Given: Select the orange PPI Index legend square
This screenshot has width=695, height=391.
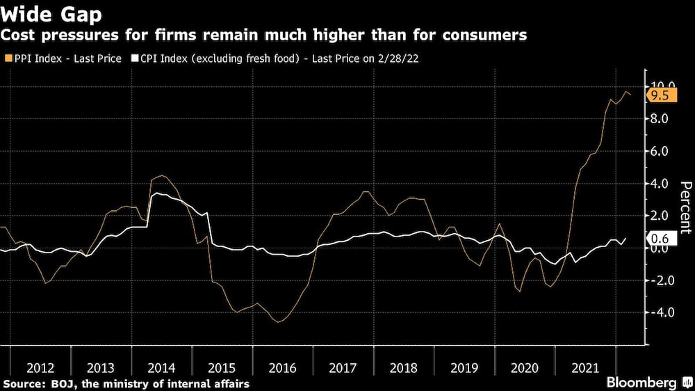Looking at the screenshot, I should point(8,58).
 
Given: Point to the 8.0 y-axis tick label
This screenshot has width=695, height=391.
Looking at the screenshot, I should point(660,119).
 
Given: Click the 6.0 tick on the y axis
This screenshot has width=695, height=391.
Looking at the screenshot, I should point(660,151).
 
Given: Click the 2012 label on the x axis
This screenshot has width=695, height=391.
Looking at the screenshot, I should point(40,368).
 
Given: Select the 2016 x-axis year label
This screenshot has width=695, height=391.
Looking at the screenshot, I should point(282,368).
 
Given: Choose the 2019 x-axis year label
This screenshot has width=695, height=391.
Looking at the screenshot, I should point(464,368).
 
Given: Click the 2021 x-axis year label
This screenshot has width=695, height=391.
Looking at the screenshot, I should point(586,368).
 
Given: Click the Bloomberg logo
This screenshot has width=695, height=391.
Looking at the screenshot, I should point(641,382).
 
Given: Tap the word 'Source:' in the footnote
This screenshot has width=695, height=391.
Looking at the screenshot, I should point(23,383).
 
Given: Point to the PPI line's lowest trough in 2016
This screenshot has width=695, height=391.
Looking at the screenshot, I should point(277,321).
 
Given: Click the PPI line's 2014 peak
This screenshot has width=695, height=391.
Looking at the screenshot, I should point(161,175).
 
